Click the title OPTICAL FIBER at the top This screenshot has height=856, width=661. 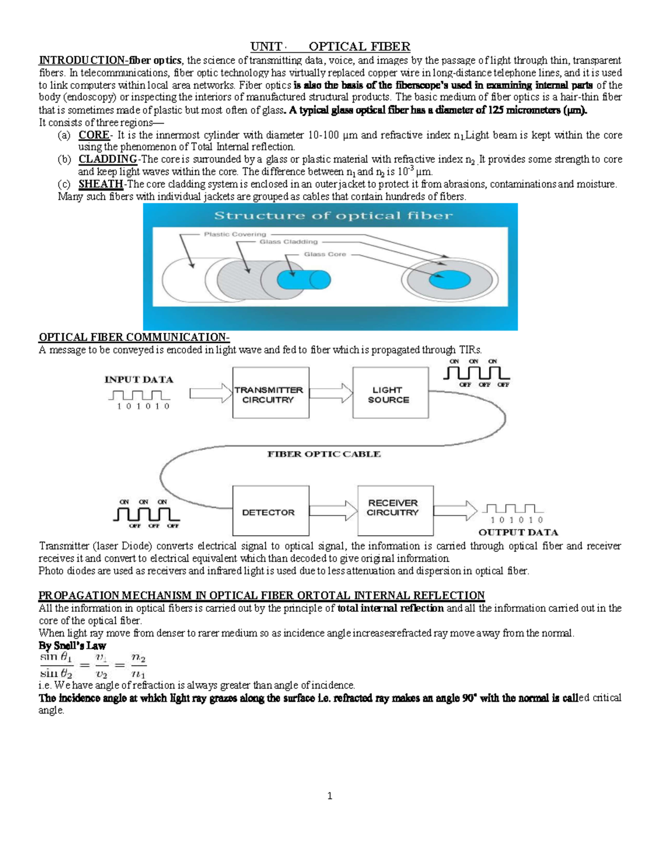point(359,47)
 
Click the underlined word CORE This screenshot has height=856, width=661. point(94,135)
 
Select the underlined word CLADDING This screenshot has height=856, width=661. point(107,159)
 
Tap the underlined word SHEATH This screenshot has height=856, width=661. point(100,184)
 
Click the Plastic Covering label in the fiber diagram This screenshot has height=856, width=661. point(235,234)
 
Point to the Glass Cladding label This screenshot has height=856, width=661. point(289,242)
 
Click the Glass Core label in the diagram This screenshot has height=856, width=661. point(325,254)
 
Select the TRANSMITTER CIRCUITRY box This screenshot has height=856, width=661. point(269,394)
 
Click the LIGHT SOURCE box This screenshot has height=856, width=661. point(390,394)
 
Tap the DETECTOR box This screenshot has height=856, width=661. point(269,512)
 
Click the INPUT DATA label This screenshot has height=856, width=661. point(139,379)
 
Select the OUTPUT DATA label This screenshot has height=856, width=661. point(518,532)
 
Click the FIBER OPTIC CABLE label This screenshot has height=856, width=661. point(324,454)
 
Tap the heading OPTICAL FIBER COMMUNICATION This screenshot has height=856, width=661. point(134,337)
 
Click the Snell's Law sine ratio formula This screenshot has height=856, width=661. point(92,666)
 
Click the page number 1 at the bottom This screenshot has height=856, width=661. point(330,795)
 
